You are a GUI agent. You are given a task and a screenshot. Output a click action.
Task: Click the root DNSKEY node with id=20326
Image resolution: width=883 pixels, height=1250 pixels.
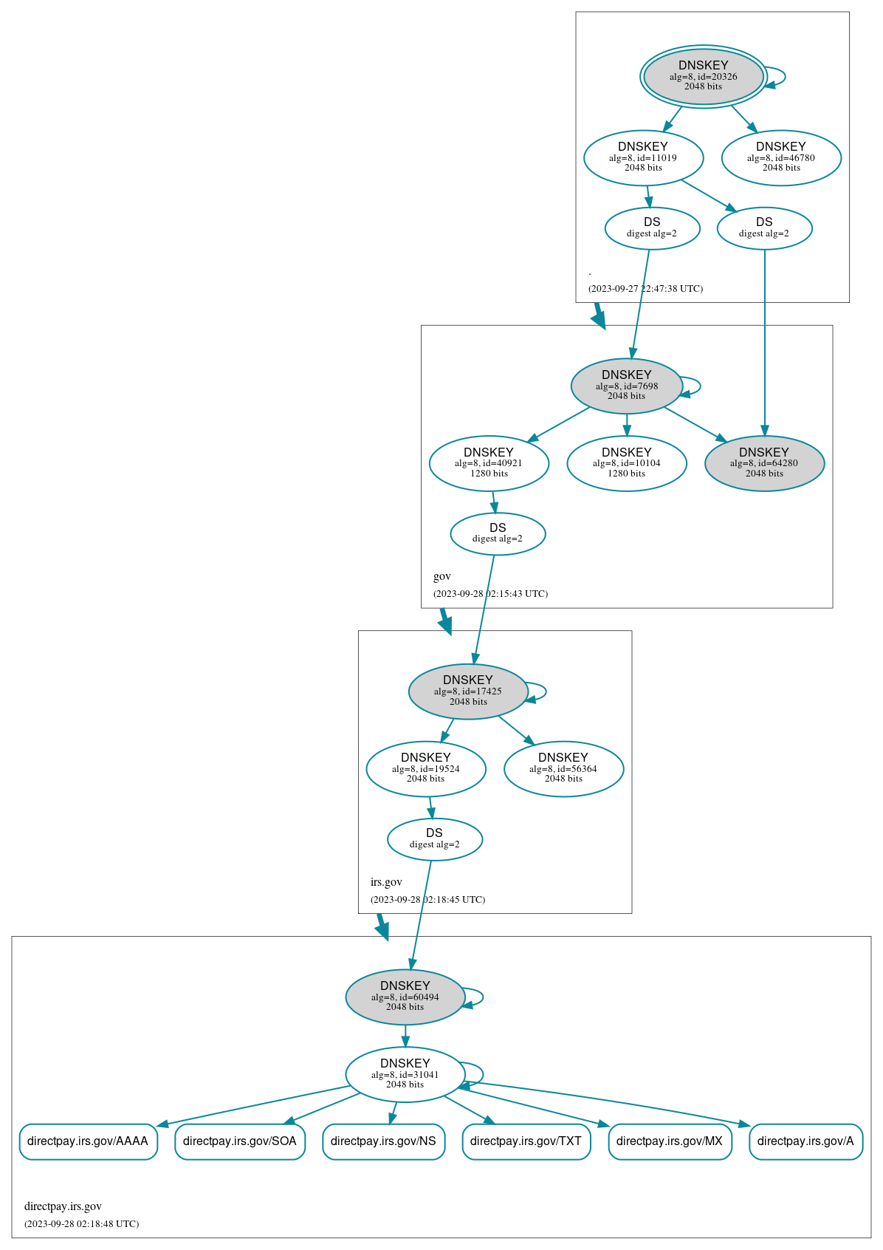click(x=703, y=76)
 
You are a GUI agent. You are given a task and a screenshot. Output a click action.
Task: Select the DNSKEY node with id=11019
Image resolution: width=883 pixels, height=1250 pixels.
click(x=643, y=157)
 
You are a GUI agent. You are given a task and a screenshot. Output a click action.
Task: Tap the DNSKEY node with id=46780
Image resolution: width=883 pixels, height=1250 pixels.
click(x=781, y=157)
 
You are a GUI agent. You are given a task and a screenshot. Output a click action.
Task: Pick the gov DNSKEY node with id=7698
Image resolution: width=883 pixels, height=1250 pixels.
click(x=626, y=386)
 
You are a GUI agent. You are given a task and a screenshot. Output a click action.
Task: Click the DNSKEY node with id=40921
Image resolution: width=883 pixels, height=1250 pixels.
click(x=489, y=463)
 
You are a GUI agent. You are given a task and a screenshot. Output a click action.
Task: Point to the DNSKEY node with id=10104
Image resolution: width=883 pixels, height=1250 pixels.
click(x=626, y=463)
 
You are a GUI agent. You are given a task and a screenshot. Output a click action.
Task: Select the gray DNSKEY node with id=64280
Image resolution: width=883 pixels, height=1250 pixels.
click(x=764, y=463)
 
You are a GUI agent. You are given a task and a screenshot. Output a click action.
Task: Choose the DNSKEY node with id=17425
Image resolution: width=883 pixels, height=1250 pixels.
click(x=468, y=691)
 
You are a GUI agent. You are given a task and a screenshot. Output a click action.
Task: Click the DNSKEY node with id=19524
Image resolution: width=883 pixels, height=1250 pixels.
click(x=426, y=769)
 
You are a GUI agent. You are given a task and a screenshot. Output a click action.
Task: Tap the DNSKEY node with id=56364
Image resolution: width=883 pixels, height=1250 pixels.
click(x=563, y=769)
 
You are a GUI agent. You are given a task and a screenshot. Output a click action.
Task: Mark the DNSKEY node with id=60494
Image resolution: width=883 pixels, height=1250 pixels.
click(x=405, y=997)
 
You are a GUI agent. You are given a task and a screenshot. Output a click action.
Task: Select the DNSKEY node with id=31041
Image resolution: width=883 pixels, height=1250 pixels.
click(x=405, y=1075)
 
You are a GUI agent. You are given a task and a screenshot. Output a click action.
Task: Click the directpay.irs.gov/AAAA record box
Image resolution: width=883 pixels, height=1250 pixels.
click(x=88, y=1141)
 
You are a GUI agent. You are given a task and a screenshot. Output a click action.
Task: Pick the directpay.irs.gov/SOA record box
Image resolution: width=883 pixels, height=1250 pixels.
click(x=240, y=1141)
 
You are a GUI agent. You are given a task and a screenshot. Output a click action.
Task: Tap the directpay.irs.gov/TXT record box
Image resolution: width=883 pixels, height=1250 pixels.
click(x=526, y=1141)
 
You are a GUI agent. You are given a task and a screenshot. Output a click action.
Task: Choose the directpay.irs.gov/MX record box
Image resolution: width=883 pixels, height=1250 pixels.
click(x=670, y=1141)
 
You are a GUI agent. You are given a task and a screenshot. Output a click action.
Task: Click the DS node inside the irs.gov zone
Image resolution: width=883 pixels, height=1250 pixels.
click(x=435, y=839)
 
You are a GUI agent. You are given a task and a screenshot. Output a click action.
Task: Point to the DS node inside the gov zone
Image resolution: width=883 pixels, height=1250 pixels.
click(x=498, y=533)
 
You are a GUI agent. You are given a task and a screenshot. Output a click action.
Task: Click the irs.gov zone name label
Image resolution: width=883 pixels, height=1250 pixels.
click(x=386, y=882)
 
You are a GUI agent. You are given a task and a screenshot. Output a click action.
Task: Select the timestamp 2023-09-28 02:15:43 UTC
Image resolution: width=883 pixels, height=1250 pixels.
click(x=490, y=594)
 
